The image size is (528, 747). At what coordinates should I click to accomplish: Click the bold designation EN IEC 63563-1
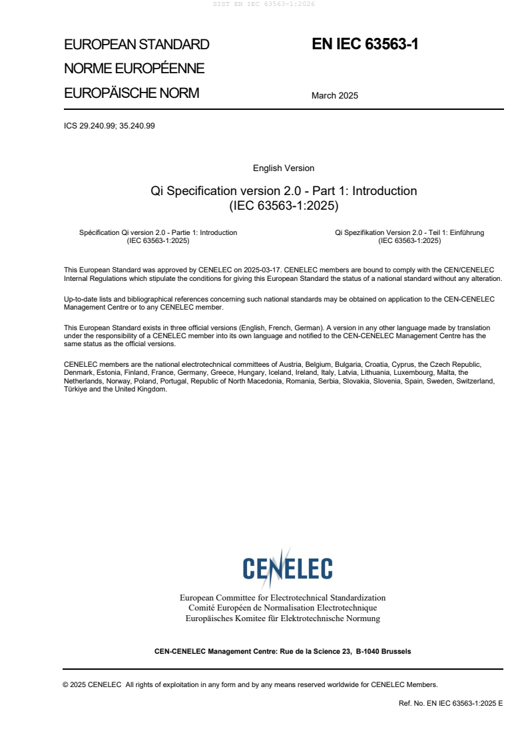(x=365, y=45)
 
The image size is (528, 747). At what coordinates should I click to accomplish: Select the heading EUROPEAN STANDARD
(x=136, y=45)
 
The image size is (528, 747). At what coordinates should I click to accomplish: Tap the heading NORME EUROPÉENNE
(x=134, y=69)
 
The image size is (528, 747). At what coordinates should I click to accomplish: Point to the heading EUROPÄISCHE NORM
(x=131, y=93)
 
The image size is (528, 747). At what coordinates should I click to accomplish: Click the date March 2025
(x=334, y=95)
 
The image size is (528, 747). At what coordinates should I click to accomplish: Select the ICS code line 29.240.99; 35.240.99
(x=109, y=125)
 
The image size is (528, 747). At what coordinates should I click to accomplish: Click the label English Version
(x=284, y=168)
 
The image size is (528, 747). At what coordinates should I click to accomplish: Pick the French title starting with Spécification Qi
(x=158, y=233)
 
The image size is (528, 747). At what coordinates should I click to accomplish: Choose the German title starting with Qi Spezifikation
(x=409, y=233)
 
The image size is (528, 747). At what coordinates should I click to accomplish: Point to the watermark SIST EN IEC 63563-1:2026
(x=264, y=4)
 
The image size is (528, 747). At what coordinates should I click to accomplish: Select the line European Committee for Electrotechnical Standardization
(x=282, y=598)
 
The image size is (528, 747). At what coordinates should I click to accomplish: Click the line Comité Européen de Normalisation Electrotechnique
(x=282, y=608)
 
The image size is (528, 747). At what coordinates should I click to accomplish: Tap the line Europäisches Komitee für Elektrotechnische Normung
(x=282, y=619)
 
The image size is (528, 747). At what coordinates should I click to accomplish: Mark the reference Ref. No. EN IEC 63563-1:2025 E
(x=450, y=702)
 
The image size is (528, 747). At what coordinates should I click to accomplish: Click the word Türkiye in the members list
(x=77, y=389)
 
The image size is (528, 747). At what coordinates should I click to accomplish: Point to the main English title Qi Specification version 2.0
(x=284, y=191)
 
